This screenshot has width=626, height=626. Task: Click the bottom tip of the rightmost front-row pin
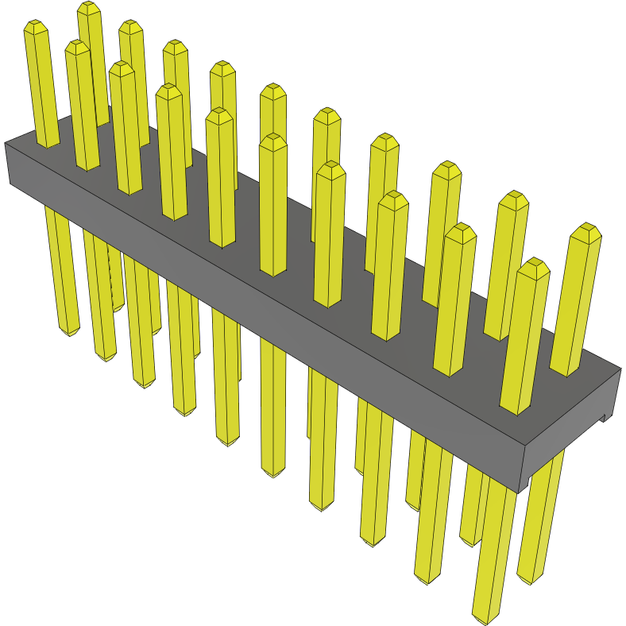click(485, 618)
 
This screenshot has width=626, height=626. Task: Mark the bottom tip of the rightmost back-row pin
click(531, 578)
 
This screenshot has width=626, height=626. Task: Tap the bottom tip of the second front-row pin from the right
click(426, 579)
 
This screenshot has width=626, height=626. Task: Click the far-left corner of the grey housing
click(6, 144)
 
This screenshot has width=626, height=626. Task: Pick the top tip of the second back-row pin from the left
click(130, 26)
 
